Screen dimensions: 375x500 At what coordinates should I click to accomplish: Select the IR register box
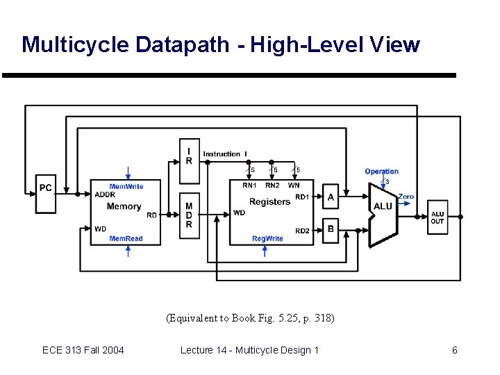(x=189, y=156)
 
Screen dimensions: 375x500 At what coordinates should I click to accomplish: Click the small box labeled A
(x=331, y=198)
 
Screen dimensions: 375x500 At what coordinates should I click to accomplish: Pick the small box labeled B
(x=331, y=230)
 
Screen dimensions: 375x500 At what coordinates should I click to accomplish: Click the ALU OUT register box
(x=437, y=217)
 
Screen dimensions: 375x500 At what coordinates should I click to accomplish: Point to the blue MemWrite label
(x=126, y=186)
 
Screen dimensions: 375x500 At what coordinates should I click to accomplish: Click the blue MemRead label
(x=126, y=239)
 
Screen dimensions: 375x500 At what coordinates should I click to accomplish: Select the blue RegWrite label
(x=267, y=239)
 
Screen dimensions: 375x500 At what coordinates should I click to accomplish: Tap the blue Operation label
(x=381, y=172)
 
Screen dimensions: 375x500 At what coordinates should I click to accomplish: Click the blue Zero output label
(x=406, y=197)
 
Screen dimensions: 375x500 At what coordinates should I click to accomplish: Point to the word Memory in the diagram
(x=124, y=206)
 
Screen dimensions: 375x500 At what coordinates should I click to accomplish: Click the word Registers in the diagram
(x=269, y=202)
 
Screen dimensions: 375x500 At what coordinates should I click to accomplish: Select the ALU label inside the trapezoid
(x=383, y=206)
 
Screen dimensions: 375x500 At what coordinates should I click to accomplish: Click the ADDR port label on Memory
(x=106, y=194)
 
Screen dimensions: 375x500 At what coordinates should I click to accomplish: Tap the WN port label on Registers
(x=294, y=185)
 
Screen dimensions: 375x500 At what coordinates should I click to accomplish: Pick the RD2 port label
(x=302, y=231)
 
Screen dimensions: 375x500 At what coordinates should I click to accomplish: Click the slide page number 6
(x=455, y=350)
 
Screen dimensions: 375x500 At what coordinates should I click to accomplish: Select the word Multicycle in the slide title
(x=64, y=45)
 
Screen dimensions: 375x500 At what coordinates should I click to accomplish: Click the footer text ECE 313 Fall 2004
(x=83, y=350)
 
